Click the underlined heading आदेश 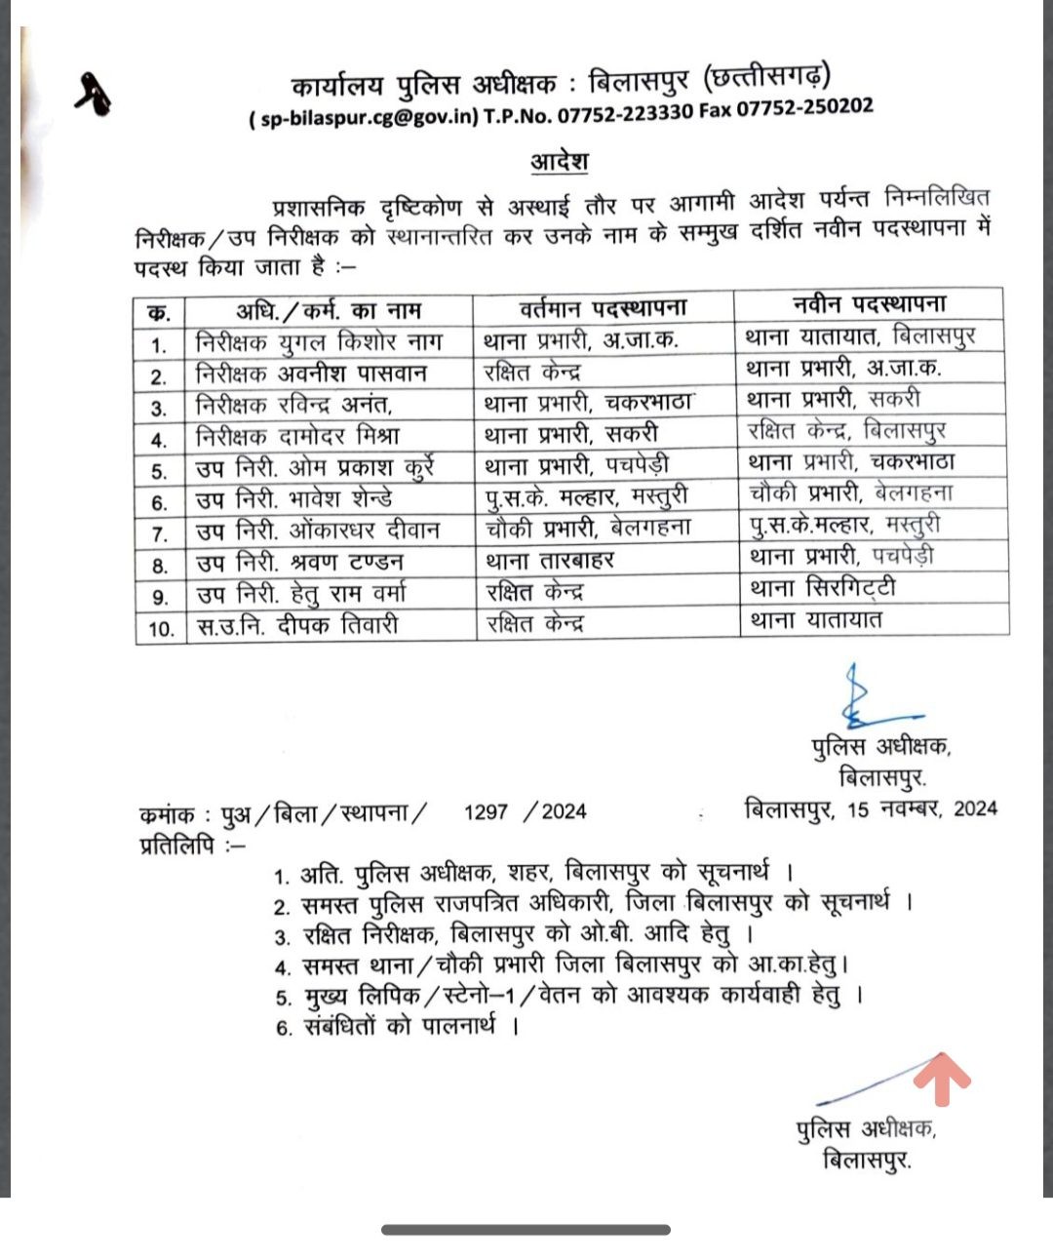560,160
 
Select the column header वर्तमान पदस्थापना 603,308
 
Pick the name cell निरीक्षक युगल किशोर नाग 319,342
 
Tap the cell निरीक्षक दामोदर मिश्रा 297,437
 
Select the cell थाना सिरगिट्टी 822,588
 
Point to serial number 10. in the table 161,629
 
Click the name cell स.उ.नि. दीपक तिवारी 297,625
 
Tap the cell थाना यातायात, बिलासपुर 860,336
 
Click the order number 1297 486,811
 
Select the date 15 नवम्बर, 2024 921,808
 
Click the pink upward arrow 941,1078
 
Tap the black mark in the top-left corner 94,95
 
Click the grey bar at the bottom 526,1230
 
